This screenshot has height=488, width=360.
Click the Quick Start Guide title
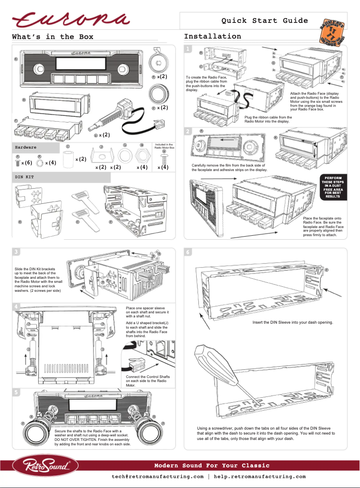tap(264, 21)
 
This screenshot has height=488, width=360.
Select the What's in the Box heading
tap(53, 37)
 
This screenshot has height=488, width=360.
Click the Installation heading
tap(212, 36)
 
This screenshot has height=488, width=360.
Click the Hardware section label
tap(26, 147)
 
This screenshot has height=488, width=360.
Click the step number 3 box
tap(16, 251)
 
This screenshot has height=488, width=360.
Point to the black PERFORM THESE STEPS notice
tap(333, 187)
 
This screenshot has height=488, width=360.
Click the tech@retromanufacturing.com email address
tap(158, 477)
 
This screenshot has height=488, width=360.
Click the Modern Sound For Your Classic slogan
tap(212, 466)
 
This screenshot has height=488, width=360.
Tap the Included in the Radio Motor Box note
tap(164, 146)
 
